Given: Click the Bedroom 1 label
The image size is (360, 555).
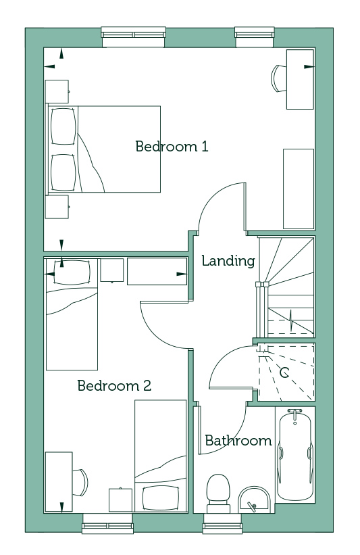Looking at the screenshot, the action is click(172, 146).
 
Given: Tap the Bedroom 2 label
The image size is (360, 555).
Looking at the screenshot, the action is click(114, 385).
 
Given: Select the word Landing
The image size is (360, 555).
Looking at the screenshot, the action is click(228, 261).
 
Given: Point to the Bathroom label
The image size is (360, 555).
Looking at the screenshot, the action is click(238, 441).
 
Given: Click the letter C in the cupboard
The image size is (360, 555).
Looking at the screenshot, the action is click(284, 372).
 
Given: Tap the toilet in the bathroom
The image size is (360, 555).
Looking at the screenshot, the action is click(218, 493).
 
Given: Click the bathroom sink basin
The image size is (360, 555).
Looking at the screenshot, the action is click(254, 500).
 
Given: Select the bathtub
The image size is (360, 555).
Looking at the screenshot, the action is click(295, 455).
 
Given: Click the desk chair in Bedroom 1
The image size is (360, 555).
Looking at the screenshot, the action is click(279, 78).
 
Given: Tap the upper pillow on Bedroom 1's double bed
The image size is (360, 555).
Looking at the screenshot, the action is click(63, 126).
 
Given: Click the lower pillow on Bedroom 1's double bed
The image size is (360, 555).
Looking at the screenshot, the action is click(63, 172).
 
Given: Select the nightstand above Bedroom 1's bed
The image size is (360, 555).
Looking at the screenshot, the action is click(57, 91).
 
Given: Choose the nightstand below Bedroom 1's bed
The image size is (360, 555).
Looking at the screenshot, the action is click(57, 207).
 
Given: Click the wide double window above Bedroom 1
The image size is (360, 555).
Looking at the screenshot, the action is click(133, 37).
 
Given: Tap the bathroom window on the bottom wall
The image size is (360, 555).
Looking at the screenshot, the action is click(223, 523).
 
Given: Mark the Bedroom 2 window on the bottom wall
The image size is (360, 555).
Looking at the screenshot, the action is click(108, 523).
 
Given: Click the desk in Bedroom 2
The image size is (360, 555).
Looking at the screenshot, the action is click(59, 481).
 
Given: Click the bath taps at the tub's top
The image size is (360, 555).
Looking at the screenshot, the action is click(295, 413).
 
